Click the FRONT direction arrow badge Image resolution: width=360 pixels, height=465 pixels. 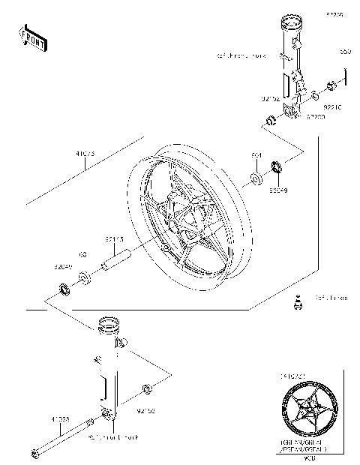tap(31, 37)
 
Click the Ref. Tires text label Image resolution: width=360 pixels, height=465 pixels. tap(331, 298)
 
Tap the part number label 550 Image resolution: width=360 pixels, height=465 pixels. tap(345, 52)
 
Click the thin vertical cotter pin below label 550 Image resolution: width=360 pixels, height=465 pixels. tap(345, 77)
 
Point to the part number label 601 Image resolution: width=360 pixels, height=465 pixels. tap(256, 155)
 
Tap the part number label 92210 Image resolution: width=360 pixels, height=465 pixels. tap(332, 107)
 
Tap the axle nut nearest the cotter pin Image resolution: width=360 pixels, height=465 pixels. tap(317, 96)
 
